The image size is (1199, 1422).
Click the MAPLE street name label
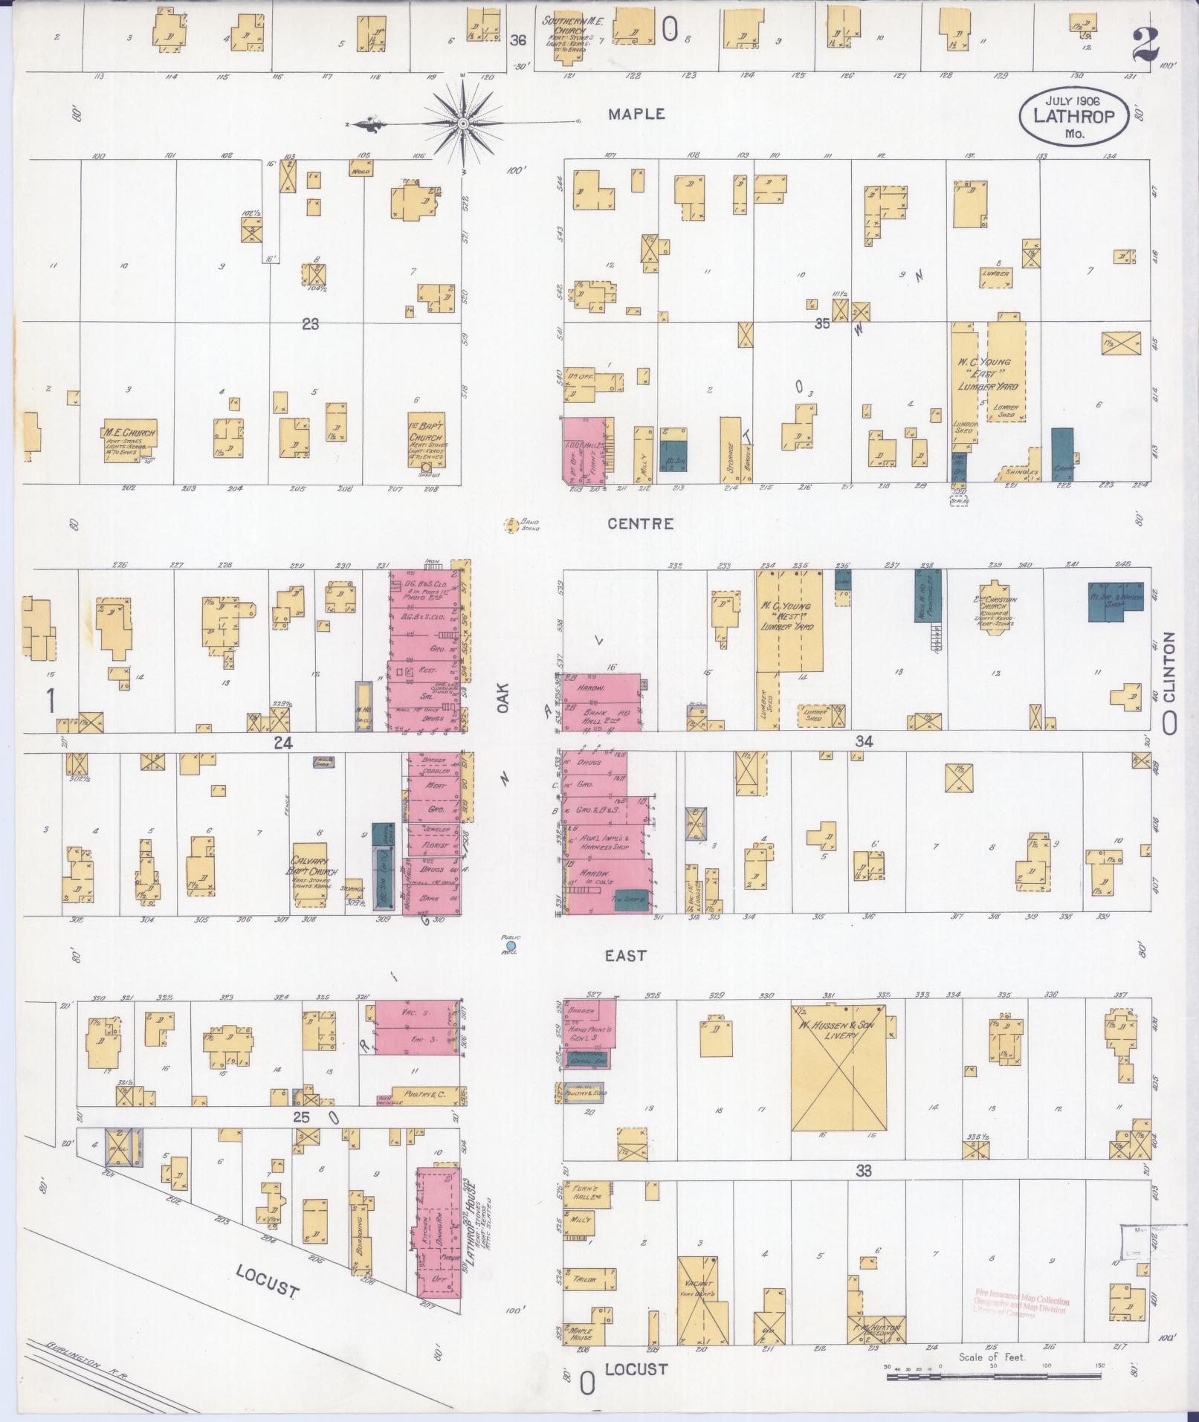636,114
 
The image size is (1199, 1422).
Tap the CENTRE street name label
641,524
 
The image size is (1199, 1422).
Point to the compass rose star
463,123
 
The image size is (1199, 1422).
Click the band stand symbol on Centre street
511,525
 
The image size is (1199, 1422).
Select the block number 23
310,324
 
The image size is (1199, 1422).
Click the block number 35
822,323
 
